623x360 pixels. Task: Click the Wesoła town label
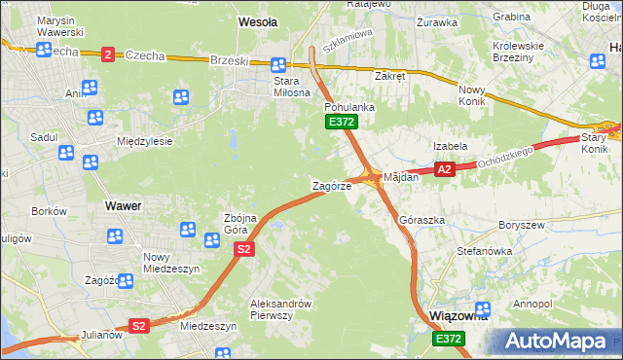coord(258,20)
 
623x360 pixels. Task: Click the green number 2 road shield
coord(107,54)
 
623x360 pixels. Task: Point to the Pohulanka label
coord(346,106)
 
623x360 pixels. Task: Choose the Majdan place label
coord(401,178)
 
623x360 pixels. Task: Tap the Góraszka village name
coord(422,221)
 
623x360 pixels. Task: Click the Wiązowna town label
coord(457,316)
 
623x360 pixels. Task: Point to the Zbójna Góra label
coord(239,223)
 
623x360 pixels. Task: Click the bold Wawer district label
coord(124,206)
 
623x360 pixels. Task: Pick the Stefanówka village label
coord(485,251)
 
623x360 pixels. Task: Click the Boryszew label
coord(519,225)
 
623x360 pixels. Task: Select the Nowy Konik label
coord(477,95)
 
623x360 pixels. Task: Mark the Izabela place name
coord(451,146)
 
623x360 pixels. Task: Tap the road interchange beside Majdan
coord(371,176)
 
